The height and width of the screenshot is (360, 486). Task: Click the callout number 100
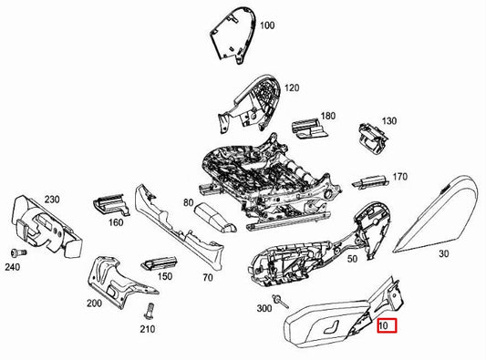pyautogui.click(x=267, y=26)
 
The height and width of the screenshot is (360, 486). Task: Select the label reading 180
pyautogui.click(x=328, y=117)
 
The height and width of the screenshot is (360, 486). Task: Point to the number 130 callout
pyautogui.click(x=389, y=121)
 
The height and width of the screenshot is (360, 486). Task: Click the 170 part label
pyautogui.click(x=398, y=177)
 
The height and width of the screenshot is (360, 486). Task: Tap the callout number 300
pyautogui.click(x=264, y=310)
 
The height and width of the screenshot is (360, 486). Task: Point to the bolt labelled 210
pyautogui.click(x=143, y=310)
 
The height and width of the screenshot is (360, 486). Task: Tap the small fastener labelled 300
pyautogui.click(x=284, y=300)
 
